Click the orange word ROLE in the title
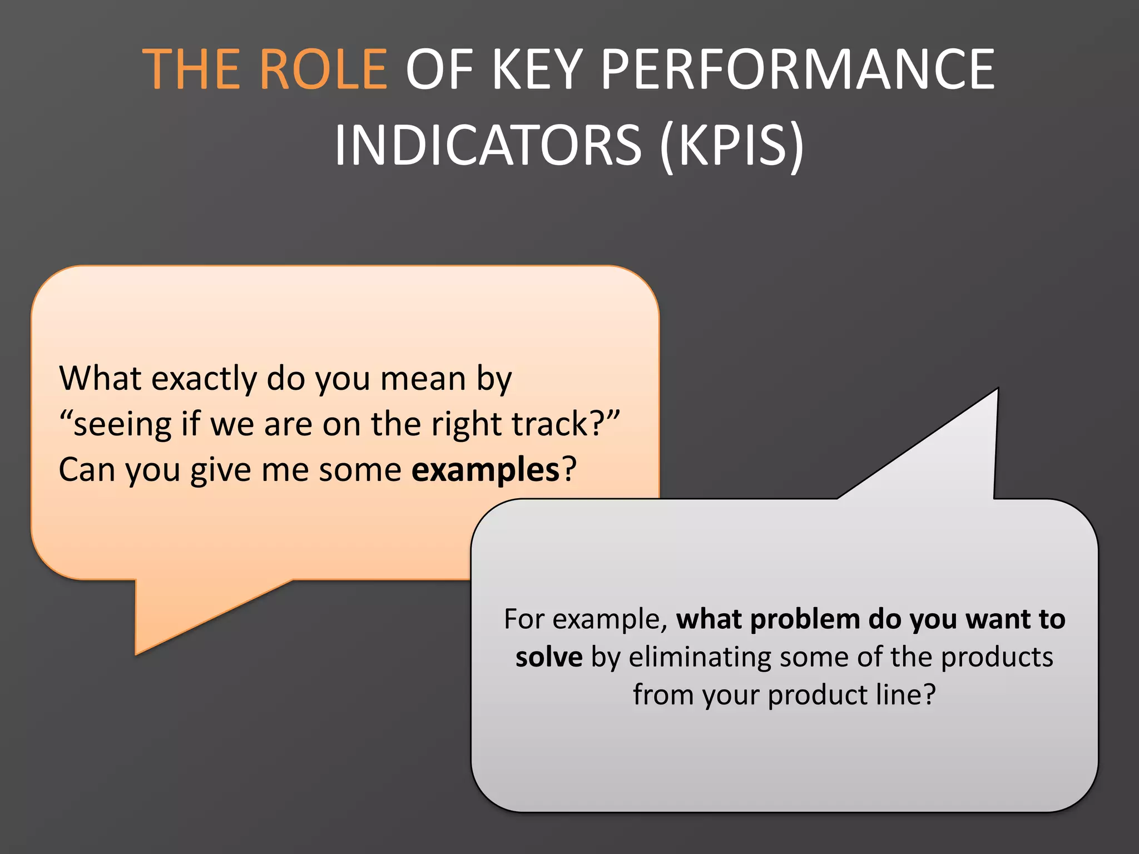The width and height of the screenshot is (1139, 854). [323, 69]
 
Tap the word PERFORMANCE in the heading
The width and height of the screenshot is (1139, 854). [798, 69]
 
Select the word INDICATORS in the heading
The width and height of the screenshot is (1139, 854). [488, 145]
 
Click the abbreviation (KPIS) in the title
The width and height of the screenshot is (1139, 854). [731, 145]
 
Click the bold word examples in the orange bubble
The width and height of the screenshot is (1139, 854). [485, 470]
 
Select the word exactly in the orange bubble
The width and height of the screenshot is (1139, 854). [204, 379]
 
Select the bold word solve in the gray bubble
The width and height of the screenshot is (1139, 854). [549, 657]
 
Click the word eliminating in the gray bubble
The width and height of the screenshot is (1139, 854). [699, 657]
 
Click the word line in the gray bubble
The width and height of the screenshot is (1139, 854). [899, 695]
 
